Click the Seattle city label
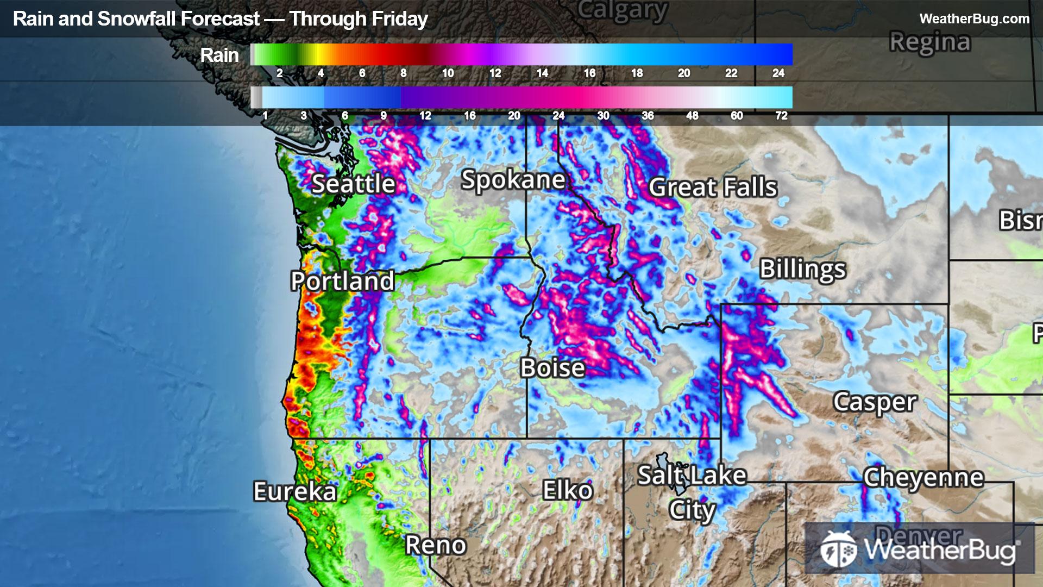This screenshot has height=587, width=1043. (353, 184)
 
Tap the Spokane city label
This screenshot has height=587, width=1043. (513, 180)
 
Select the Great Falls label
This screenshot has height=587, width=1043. (713, 188)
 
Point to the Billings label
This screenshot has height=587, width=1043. (802, 269)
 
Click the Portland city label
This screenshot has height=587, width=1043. (342, 281)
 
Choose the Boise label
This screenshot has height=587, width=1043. (552, 368)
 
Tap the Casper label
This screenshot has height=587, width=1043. (875, 403)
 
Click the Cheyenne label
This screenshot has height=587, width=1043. (923, 478)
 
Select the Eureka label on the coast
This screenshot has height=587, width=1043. (295, 492)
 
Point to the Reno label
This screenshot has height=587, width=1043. (436, 545)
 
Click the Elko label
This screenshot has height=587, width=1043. (567, 491)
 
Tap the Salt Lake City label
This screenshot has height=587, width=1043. (692, 492)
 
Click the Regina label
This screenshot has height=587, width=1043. (929, 42)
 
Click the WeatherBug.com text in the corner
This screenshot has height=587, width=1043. (974, 19)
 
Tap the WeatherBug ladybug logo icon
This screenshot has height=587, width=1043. (838, 549)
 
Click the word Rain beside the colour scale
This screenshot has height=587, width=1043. (219, 55)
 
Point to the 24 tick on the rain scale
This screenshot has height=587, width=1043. (778, 73)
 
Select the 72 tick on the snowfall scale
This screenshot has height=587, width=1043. (781, 116)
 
